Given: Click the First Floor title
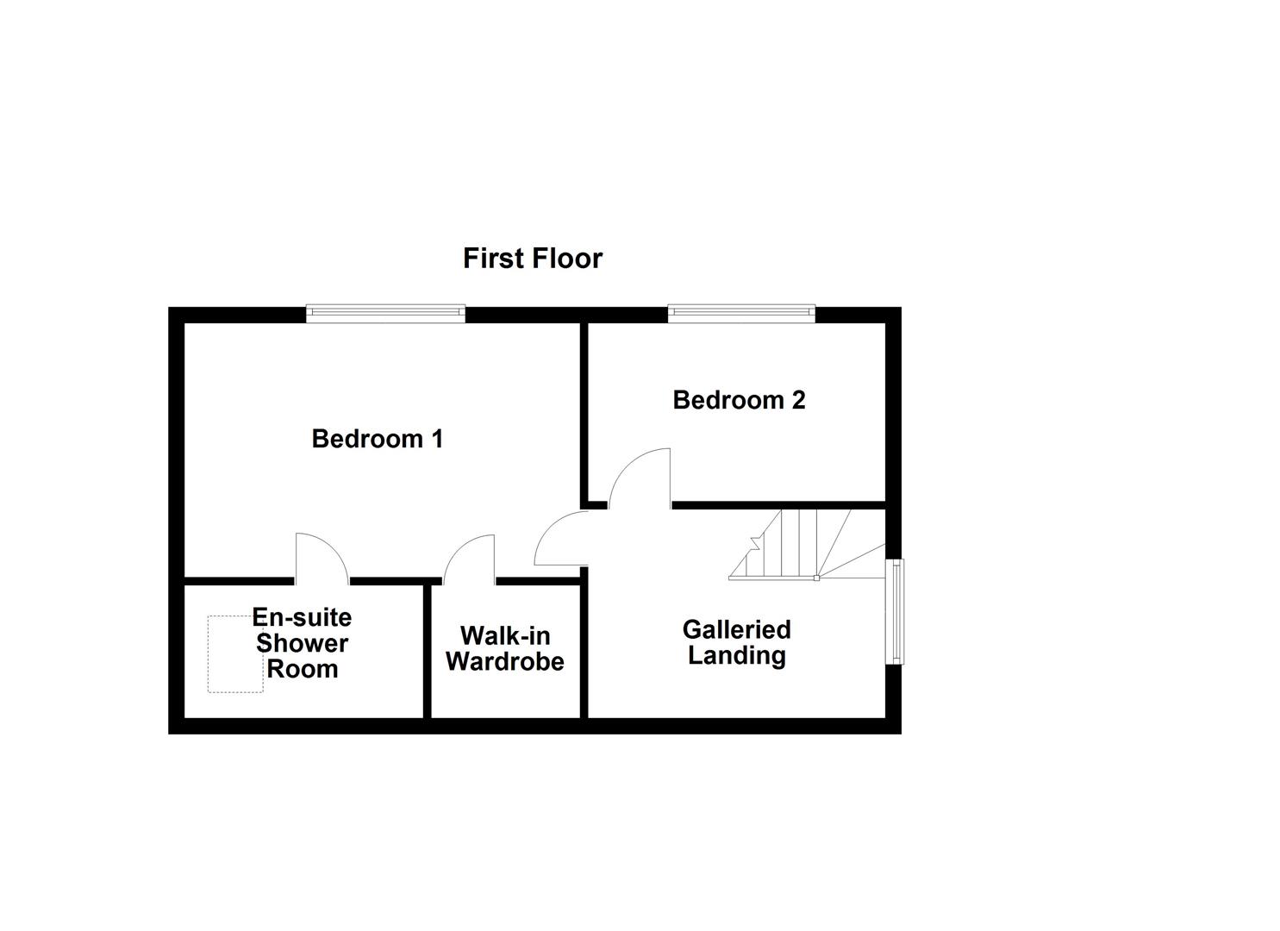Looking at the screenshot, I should tap(532, 258).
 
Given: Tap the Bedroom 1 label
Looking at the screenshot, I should tap(377, 439).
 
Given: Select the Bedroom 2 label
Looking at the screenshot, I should tap(739, 400).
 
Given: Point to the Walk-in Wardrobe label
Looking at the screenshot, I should tap(505, 648).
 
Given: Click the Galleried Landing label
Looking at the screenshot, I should tap(736, 642).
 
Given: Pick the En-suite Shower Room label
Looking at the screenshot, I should tap(302, 643).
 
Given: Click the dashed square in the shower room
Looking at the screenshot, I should tap(235, 653).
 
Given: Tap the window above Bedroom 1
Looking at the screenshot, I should tap(386, 314).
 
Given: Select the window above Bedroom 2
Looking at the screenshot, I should tap(741, 314).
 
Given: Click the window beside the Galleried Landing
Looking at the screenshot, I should tap(896, 612).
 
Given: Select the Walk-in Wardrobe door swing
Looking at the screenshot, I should tap(471, 559).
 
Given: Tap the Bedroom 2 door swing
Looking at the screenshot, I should tap(640, 477).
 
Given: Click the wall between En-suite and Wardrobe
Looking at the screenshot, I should tap(427, 650).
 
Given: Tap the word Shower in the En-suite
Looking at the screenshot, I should tap(302, 643).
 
